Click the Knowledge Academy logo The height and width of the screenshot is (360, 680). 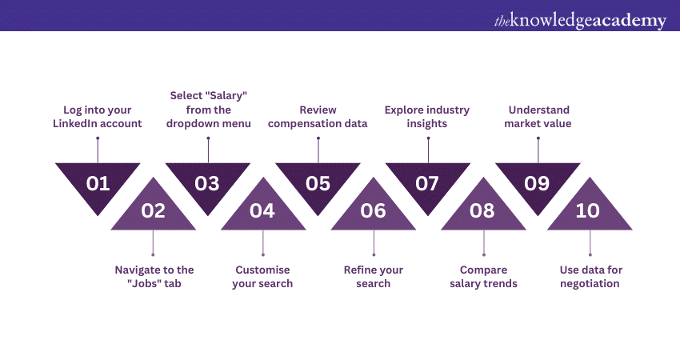coord(579,20)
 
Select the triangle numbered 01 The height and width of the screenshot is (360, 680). coord(98,182)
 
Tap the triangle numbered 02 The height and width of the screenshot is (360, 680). coord(153,210)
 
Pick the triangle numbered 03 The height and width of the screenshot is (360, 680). coord(207,182)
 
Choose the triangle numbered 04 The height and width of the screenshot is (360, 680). coord(262,210)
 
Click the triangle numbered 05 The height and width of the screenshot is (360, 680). coord(318,182)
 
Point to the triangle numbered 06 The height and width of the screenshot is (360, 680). coord(373,210)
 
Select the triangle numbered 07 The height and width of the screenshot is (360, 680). coord(427,182)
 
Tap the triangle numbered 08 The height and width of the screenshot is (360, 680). coord(482,210)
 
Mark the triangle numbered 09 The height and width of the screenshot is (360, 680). coord(537,182)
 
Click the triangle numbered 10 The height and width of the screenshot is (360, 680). coord(590,210)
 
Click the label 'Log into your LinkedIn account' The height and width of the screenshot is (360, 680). coord(98,117)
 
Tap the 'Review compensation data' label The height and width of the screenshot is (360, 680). coord(318,117)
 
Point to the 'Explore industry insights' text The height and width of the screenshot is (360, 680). coord(427,117)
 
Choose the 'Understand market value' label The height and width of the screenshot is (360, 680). coord(537,117)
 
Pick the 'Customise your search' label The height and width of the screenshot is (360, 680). coord(262,277)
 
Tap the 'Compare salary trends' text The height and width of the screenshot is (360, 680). coord(482,277)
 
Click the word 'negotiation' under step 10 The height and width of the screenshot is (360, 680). coord(590,283)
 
